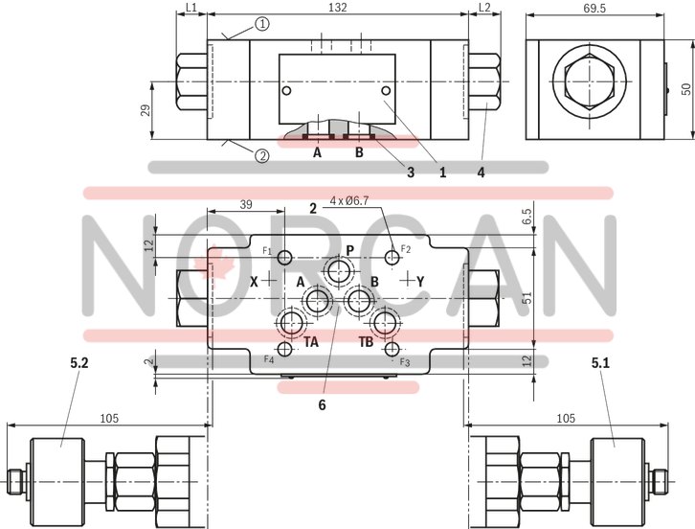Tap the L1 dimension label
click(x=191, y=8)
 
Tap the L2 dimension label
click(x=483, y=8)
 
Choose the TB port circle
click(x=385, y=322)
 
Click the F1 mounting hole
click(x=284, y=256)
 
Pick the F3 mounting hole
click(x=391, y=350)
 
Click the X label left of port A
click(x=254, y=282)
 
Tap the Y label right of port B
click(x=420, y=281)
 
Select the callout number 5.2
click(x=79, y=363)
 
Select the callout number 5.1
click(x=601, y=363)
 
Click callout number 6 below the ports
click(x=322, y=405)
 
